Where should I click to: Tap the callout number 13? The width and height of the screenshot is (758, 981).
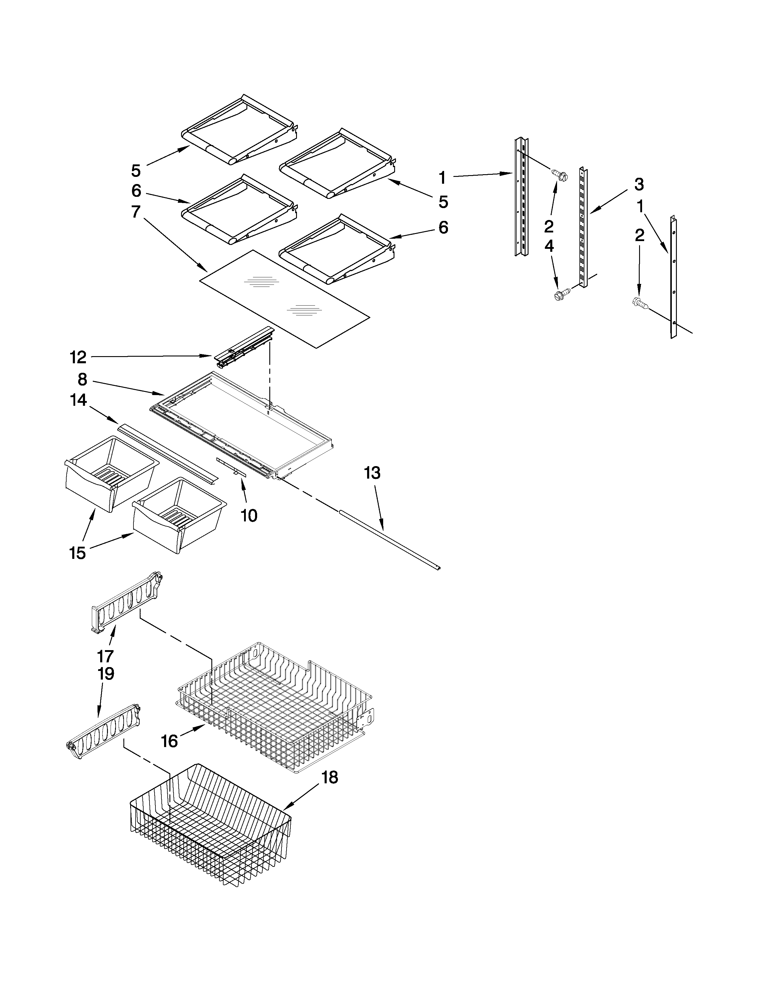(372, 473)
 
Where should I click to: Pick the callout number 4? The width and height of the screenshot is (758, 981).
(549, 246)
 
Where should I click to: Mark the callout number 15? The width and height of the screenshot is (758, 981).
(77, 554)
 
